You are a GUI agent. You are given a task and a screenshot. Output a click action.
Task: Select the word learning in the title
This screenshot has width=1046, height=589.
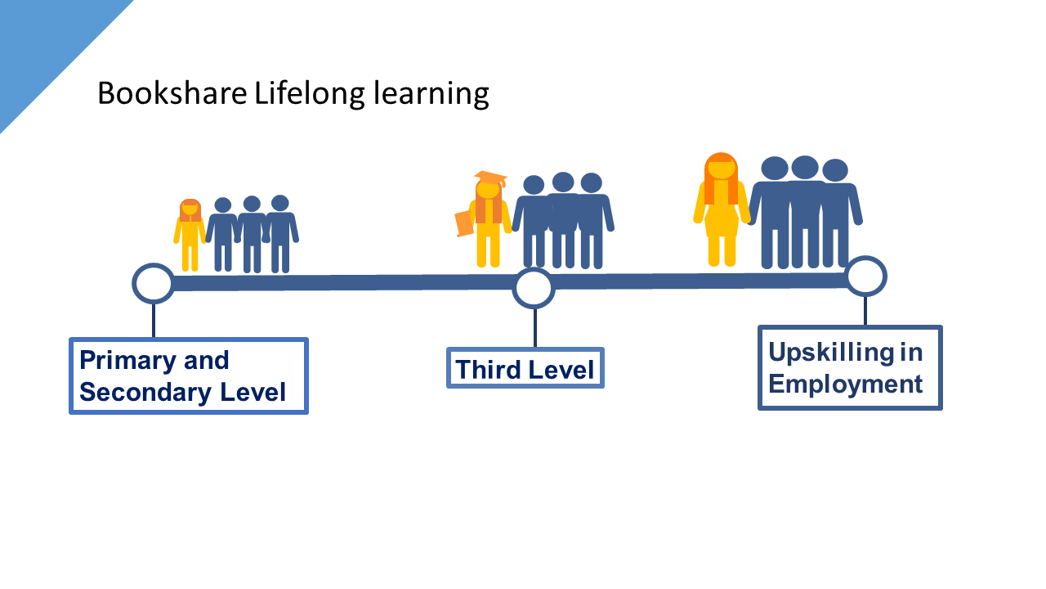431,95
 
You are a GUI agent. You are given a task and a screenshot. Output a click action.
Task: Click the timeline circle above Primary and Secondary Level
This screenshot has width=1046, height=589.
154,283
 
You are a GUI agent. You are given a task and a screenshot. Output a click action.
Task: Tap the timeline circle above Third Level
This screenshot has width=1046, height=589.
534,288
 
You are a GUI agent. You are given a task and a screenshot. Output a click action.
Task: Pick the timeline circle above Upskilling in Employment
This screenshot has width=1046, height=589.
865,276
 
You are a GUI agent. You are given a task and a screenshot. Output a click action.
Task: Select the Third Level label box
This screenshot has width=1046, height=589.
525,369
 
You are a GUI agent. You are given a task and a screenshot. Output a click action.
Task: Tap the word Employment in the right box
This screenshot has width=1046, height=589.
846,384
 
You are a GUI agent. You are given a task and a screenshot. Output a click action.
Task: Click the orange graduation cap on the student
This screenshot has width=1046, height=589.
490,178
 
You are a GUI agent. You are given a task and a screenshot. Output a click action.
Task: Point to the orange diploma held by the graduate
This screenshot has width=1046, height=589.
464,223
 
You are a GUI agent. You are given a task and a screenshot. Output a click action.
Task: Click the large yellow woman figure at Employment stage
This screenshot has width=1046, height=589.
721,217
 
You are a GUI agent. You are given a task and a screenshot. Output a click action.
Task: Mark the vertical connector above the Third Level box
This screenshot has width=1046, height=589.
534,327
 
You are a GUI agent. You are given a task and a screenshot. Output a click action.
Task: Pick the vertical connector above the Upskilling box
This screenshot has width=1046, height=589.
865,310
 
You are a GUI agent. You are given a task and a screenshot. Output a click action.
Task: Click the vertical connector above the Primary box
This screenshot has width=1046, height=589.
154,320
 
